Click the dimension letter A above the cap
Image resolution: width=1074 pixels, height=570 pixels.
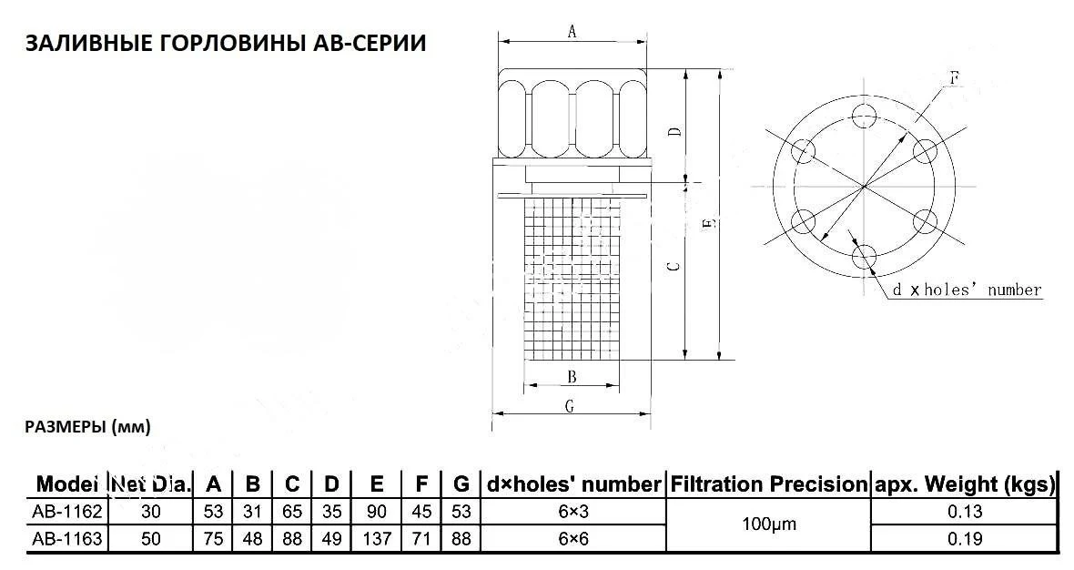572,32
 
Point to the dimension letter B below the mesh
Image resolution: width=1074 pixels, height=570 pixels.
571,376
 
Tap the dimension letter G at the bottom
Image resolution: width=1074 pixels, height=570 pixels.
570,407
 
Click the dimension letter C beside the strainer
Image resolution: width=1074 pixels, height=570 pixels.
672,267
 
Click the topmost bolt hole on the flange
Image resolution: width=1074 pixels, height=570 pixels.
864,115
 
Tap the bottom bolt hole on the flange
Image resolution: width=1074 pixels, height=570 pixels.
864,257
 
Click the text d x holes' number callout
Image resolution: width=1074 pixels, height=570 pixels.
966,290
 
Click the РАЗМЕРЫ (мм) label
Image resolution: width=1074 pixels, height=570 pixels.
87,426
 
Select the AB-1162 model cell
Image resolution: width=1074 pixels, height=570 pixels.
66,512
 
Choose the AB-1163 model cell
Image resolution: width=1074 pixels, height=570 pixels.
66,539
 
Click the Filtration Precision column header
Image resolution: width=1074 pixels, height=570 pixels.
769,484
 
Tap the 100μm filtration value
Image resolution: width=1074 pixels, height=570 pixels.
768,525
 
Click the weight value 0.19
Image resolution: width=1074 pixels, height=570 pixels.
964,539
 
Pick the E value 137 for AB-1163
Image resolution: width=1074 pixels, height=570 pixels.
377,539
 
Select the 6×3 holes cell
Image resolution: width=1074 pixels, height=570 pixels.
573,512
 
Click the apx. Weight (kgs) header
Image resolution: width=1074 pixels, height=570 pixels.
964,484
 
